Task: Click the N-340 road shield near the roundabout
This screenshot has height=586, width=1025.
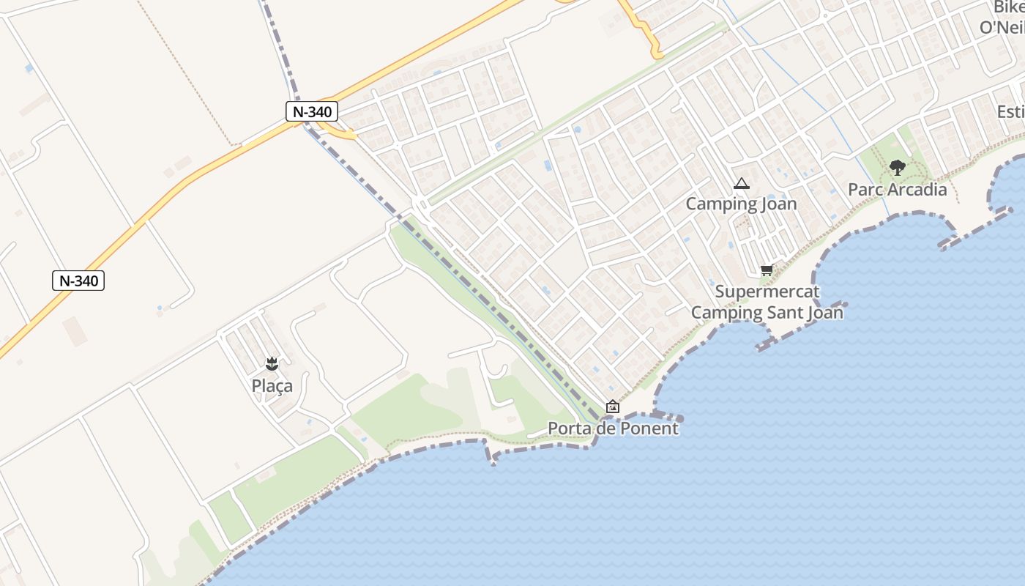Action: (312, 112)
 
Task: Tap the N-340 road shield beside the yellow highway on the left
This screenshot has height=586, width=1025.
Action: (78, 281)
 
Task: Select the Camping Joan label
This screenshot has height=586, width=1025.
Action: (741, 204)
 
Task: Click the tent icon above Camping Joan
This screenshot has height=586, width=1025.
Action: (741, 184)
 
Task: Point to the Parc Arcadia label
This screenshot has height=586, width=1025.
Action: (897, 190)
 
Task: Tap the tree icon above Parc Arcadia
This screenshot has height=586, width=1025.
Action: (897, 168)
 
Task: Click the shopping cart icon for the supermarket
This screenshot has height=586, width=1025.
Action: (767, 270)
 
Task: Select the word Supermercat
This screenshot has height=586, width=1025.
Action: (767, 292)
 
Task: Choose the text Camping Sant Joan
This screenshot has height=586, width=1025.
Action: (767, 313)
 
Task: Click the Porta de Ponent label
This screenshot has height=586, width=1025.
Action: (613, 429)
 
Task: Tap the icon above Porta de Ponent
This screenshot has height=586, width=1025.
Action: (613, 407)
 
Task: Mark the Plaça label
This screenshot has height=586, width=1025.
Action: (272, 386)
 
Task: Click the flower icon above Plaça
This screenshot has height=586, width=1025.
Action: (272, 363)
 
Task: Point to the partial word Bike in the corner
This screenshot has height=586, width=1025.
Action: (1009, 7)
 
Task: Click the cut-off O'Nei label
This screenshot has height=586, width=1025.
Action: (1002, 28)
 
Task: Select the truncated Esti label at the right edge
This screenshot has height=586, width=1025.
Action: (1010, 112)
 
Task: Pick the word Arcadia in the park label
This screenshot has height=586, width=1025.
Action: (916, 190)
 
